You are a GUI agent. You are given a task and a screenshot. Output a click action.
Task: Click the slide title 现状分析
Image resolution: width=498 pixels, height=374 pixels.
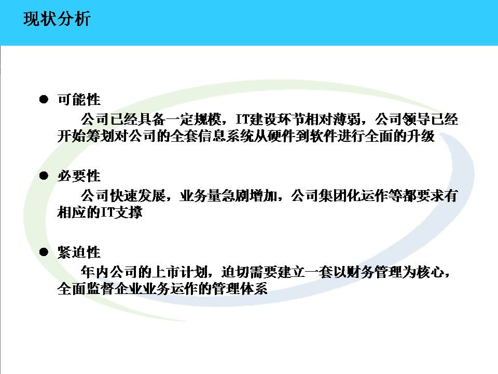57,19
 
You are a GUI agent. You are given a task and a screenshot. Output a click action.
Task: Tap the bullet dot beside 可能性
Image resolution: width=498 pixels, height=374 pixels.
44,99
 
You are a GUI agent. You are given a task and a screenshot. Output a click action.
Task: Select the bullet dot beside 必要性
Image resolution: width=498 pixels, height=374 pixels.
44,176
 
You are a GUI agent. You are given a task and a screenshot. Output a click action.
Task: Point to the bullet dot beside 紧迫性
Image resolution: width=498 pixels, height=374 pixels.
44,252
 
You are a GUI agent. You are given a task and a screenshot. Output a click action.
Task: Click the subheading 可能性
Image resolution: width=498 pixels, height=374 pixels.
79,100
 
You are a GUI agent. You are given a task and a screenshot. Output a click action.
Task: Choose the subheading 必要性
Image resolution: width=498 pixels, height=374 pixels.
79,176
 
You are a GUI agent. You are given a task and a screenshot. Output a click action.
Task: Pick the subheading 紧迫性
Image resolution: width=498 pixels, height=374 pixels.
79,252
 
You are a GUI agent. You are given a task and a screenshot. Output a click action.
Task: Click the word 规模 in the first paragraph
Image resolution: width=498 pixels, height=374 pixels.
208,119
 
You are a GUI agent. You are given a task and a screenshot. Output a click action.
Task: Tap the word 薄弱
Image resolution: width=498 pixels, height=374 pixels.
347,119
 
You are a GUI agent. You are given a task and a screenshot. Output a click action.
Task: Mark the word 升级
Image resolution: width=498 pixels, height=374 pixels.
421,136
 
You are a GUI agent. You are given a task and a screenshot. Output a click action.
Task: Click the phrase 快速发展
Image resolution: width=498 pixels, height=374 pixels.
137,196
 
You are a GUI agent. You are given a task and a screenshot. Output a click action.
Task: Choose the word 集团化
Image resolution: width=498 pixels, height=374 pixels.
339,196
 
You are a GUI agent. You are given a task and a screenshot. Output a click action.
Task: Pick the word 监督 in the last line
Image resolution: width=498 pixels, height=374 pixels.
100,289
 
